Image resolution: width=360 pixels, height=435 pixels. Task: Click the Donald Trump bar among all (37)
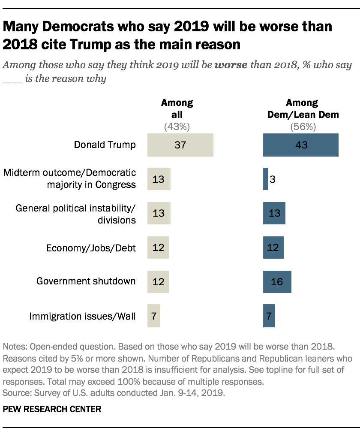coord(180,145)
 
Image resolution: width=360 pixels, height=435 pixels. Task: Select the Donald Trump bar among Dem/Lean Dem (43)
coord(301,145)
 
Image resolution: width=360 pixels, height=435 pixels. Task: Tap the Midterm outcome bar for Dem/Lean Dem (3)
coord(266,179)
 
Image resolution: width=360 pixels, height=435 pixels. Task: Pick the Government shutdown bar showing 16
coord(277,282)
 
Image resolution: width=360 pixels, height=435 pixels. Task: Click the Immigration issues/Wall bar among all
coord(153,316)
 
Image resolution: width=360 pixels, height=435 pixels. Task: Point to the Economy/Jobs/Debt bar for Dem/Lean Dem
coord(273,248)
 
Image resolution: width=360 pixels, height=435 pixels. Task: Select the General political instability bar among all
coord(159,213)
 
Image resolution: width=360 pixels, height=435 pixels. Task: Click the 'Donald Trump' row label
coord(105,145)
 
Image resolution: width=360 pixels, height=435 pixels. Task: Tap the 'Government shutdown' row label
coord(86,281)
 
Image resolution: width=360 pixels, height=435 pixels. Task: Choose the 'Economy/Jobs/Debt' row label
coord(91,248)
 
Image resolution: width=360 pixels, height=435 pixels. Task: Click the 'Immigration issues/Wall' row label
coord(82,316)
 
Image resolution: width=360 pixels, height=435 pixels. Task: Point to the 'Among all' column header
coord(177,109)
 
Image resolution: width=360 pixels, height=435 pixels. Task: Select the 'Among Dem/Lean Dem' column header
coord(302,109)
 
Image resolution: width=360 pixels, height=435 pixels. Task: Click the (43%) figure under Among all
coord(177,127)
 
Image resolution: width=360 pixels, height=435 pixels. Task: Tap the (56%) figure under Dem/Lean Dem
coord(302,127)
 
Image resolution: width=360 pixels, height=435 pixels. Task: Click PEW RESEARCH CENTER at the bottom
coord(52,409)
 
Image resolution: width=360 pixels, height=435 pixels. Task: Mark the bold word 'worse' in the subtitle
coord(231,66)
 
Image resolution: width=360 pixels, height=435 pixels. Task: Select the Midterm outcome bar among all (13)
coord(159,179)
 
